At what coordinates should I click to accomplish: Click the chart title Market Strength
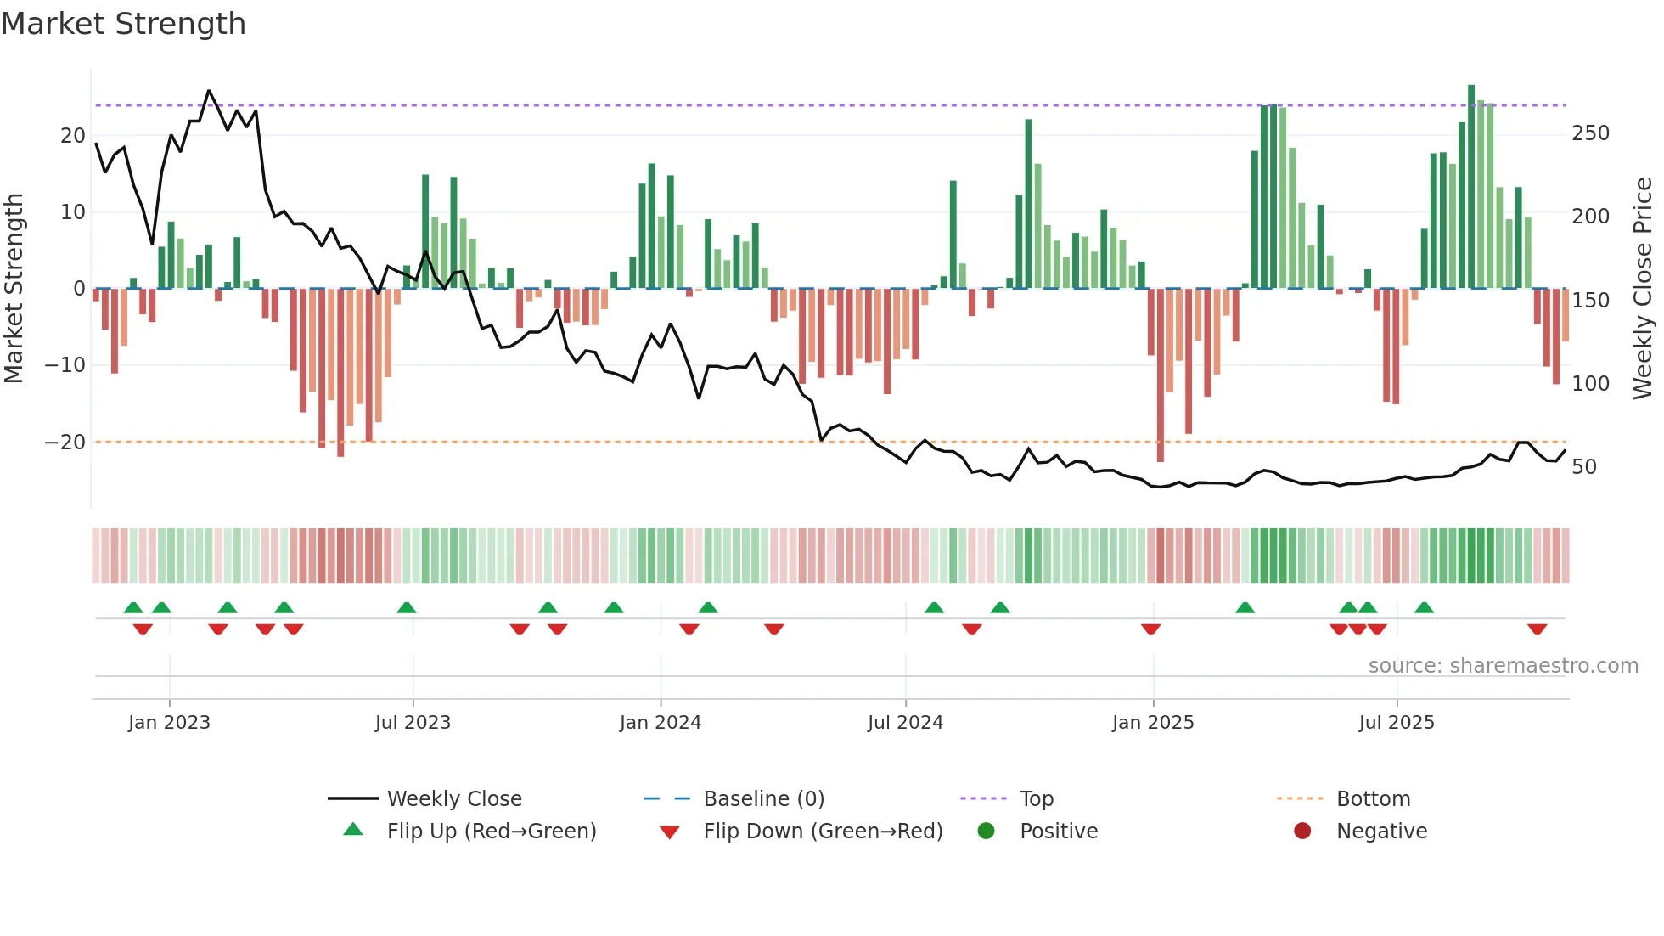[x=123, y=24]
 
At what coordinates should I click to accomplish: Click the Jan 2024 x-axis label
[x=661, y=723]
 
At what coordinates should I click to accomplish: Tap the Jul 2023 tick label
[x=413, y=723]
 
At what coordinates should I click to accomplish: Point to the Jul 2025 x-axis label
[x=1397, y=723]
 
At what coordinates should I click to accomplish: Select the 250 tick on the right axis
[x=1590, y=133]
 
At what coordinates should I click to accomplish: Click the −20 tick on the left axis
[x=65, y=443]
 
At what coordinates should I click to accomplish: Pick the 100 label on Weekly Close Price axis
[x=1590, y=384]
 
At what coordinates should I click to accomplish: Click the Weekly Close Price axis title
[x=1643, y=289]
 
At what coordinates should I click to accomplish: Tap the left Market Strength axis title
[x=14, y=289]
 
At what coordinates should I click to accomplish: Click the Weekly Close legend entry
[x=454, y=799]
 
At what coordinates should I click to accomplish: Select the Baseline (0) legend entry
[x=764, y=799]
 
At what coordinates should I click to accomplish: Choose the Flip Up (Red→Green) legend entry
[x=492, y=832]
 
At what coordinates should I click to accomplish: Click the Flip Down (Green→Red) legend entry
[x=823, y=832]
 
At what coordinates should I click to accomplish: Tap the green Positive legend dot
[x=986, y=832]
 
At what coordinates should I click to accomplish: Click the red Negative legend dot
[x=1302, y=832]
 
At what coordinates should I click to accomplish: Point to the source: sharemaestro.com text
[x=1503, y=666]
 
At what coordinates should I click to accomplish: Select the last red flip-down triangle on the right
[x=1537, y=629]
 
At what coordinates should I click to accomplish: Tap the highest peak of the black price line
[x=209, y=92]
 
